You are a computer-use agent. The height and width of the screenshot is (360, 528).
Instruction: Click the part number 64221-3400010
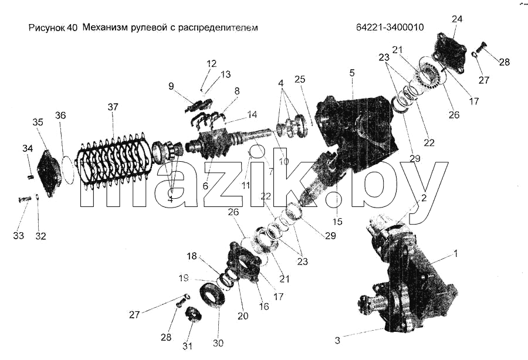click(390, 27)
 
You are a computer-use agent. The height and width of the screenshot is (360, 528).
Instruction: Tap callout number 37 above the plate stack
click(113, 107)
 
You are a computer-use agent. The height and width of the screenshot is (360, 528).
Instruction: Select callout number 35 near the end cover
click(38, 122)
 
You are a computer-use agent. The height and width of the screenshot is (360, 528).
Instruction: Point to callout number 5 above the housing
click(352, 73)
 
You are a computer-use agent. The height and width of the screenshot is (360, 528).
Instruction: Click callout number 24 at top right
click(457, 19)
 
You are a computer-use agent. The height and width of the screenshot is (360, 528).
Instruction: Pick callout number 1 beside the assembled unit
click(456, 253)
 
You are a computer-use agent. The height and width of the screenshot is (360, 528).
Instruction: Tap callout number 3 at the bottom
click(337, 340)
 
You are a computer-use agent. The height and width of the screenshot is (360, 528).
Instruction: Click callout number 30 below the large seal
click(218, 343)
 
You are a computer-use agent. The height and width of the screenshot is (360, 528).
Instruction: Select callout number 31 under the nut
click(188, 345)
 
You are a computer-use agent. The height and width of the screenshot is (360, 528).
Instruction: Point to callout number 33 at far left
click(19, 235)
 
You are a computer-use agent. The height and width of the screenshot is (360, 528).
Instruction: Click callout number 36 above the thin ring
click(60, 116)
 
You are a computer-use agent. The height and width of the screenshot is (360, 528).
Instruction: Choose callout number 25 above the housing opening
click(300, 79)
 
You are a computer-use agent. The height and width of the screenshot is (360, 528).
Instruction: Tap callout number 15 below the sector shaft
click(337, 221)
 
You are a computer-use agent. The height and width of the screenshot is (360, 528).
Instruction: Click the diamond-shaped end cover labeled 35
click(50, 174)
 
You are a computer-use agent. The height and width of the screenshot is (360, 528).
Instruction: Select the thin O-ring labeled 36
click(69, 169)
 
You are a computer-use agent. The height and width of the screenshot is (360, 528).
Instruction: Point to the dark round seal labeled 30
click(212, 296)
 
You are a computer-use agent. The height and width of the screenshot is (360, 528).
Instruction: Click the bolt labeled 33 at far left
click(25, 199)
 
